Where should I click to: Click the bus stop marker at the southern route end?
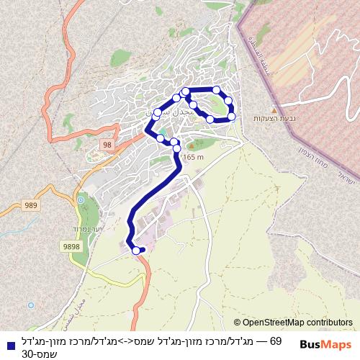click(136, 250)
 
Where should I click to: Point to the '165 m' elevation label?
click(194, 157)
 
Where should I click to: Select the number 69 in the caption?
click(275, 341)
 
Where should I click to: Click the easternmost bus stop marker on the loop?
click(232, 116)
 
